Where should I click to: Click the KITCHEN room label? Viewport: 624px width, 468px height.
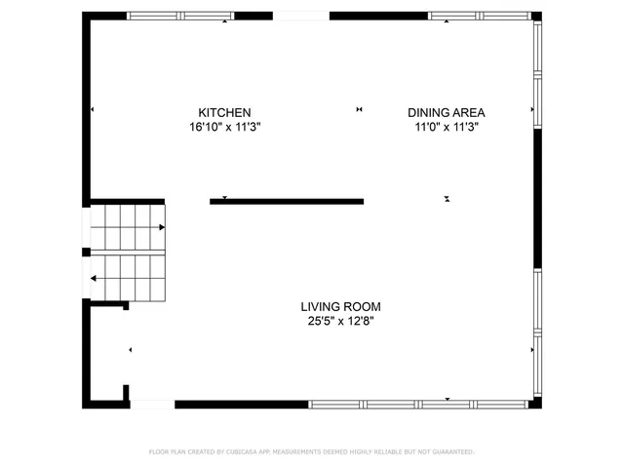(x=224, y=112)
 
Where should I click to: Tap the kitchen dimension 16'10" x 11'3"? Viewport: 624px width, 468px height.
(x=224, y=127)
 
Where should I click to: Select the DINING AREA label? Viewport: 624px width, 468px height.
(x=446, y=112)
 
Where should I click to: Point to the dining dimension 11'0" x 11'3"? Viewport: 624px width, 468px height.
(x=446, y=127)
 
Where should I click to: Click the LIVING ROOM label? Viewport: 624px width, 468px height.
(x=339, y=305)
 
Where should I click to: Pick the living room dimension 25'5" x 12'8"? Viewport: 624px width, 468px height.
(x=339, y=320)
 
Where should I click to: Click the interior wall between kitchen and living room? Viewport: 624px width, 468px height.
(x=287, y=202)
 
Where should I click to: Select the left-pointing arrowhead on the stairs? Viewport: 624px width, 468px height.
(x=95, y=278)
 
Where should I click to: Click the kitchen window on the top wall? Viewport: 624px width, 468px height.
(x=180, y=16)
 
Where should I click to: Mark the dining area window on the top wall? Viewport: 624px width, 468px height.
(x=479, y=16)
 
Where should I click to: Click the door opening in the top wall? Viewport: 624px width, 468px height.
(x=301, y=16)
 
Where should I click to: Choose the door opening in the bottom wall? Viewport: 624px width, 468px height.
(x=152, y=404)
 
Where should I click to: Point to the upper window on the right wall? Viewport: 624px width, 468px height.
(x=537, y=75)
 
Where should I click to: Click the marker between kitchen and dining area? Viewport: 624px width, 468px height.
(x=360, y=109)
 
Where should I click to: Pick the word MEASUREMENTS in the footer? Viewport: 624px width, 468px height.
(x=295, y=452)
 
